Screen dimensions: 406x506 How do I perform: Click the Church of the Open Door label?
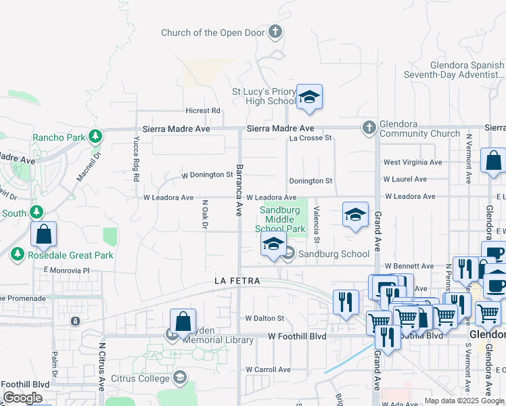click(x=213, y=32)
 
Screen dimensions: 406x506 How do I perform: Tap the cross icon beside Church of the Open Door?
click(x=275, y=32)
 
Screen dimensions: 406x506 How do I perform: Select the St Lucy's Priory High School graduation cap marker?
click(x=309, y=97)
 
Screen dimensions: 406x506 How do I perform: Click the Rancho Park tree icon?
click(x=95, y=137)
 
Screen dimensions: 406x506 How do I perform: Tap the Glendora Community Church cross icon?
click(x=369, y=126)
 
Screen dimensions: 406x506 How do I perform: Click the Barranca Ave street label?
click(x=239, y=189)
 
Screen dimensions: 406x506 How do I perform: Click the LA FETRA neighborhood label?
click(x=237, y=280)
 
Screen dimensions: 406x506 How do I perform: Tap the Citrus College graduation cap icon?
click(x=180, y=377)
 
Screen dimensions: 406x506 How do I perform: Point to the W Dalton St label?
click(x=264, y=318)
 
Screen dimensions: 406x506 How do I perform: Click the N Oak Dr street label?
click(x=204, y=214)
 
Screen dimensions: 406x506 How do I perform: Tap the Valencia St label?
click(x=317, y=223)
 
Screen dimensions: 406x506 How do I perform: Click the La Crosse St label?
click(x=311, y=138)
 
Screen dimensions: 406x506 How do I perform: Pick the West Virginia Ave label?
click(x=413, y=162)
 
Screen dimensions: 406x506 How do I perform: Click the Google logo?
click(x=22, y=398)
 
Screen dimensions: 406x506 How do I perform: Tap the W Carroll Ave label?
click(x=268, y=369)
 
